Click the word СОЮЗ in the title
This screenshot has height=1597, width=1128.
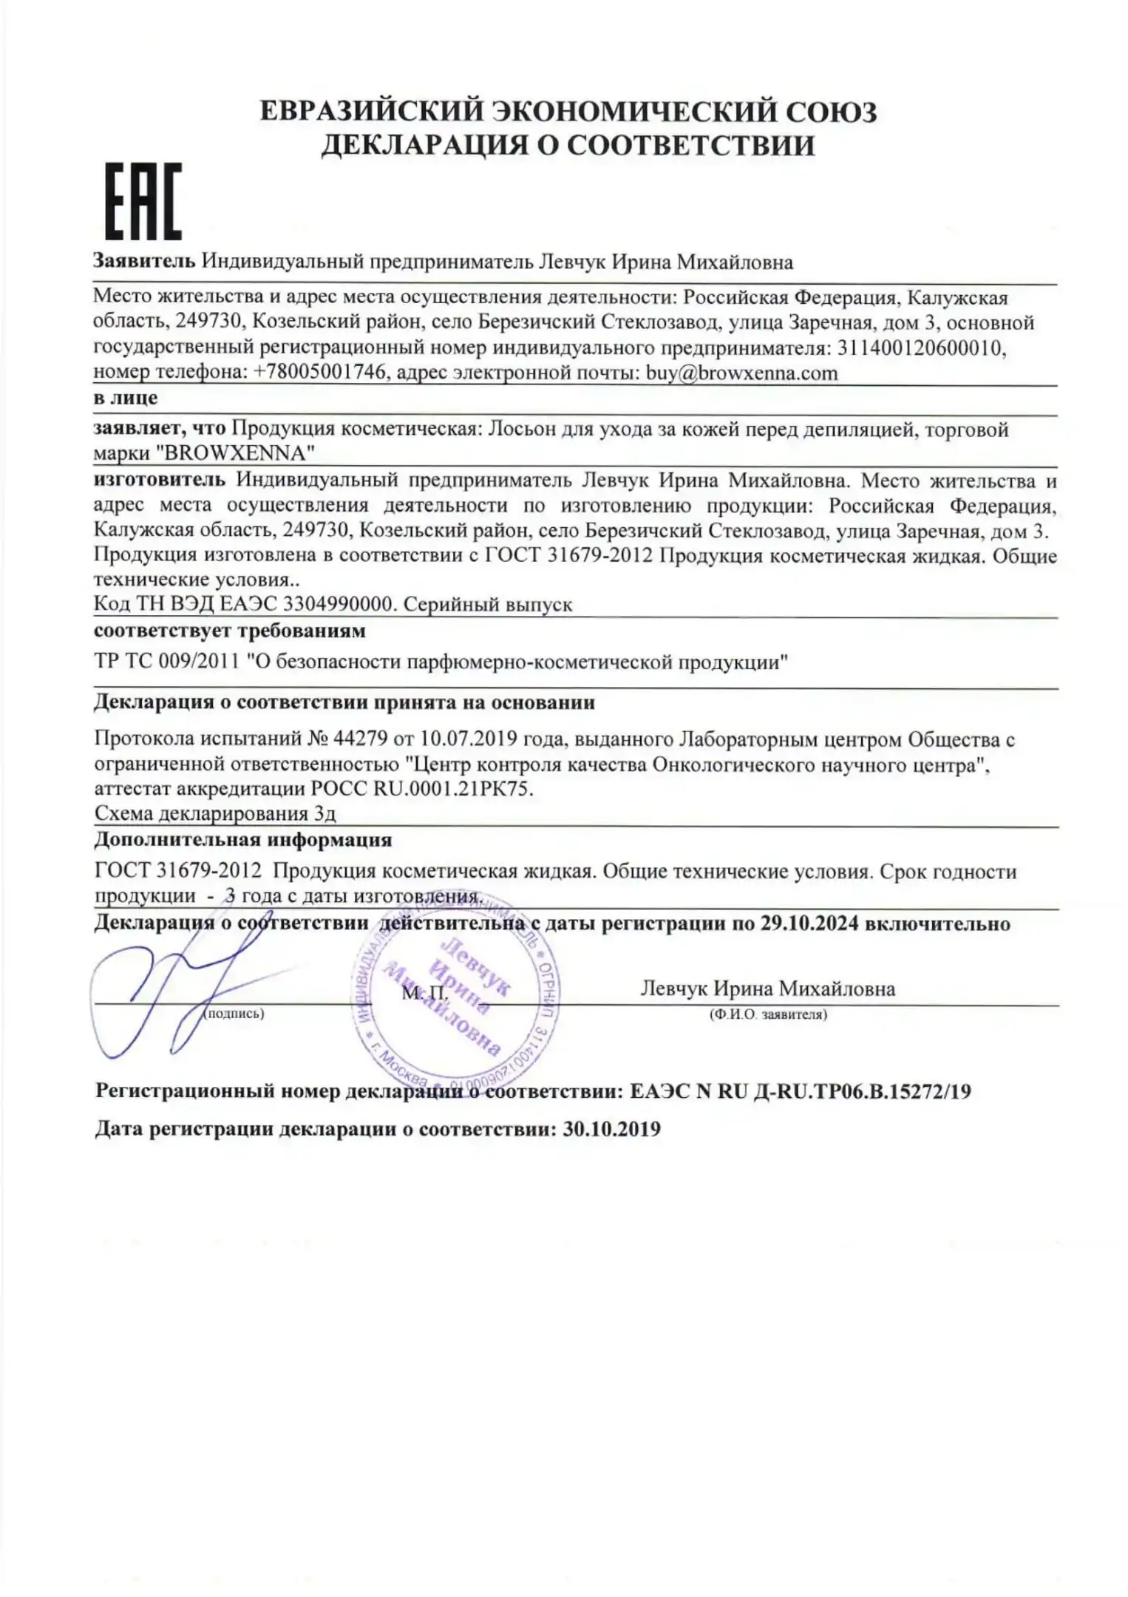coord(829,112)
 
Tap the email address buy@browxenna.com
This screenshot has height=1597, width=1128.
coord(741,373)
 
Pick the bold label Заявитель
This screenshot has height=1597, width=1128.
coord(144,262)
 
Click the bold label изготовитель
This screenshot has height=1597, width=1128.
coord(160,481)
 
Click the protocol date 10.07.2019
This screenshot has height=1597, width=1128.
coord(469,739)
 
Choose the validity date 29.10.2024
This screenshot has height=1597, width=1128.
coord(808,923)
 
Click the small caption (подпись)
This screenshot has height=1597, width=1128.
coord(234,1014)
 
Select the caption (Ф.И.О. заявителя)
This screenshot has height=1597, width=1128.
coord(767,1015)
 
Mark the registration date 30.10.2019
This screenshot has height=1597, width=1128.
coord(611,1130)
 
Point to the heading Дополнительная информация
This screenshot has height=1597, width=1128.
coord(242,840)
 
